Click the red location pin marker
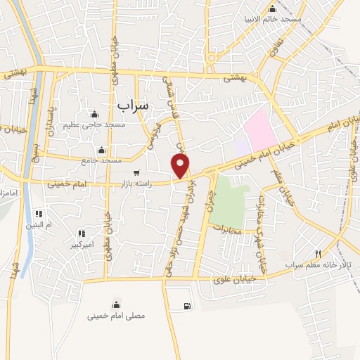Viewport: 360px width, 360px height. coord(181,167)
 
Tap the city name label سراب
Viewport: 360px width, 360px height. coord(134,105)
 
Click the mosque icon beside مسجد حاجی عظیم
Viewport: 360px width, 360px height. coord(95,115)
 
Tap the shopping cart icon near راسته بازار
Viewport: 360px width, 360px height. coord(136,172)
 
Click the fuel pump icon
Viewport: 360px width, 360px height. coord(186,306)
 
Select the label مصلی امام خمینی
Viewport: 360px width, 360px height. coord(116,316)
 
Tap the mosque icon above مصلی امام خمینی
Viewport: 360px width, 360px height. coord(116,304)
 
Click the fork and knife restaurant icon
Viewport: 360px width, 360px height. coord(319,254)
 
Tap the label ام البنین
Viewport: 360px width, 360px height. coord(40,224)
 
